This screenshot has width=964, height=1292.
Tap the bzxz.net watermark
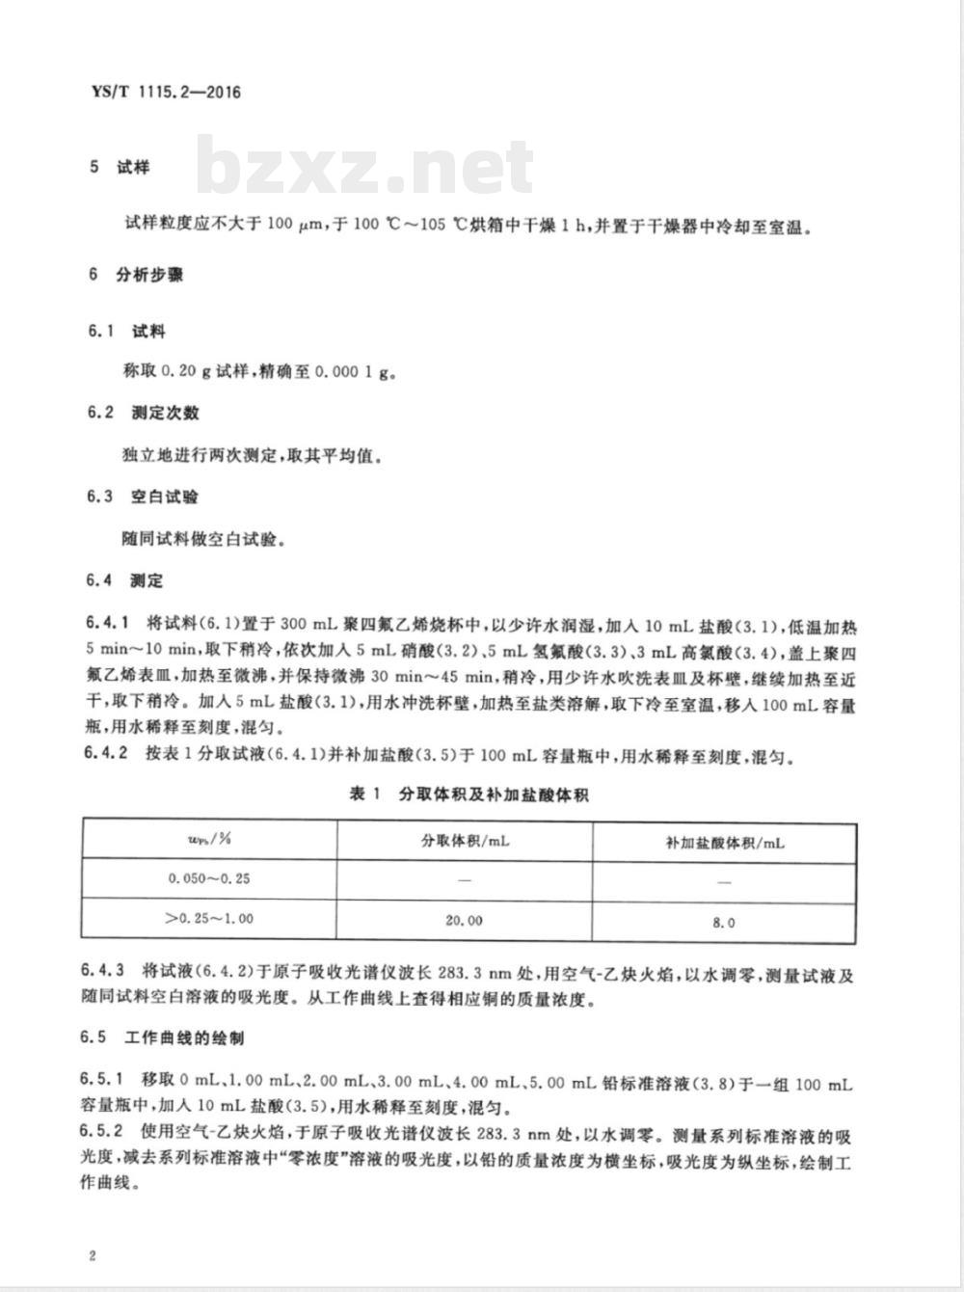point(365,168)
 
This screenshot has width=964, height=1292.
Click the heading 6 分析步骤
point(135,275)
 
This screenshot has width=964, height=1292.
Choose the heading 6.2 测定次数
point(143,413)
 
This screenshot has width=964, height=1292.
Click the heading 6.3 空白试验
point(143,497)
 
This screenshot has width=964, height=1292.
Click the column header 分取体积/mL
point(464,841)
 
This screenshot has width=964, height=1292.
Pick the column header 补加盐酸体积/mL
point(725,842)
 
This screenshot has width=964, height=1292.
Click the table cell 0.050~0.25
point(208,878)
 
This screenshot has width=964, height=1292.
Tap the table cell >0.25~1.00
point(208,919)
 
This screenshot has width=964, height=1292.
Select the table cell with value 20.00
point(464,921)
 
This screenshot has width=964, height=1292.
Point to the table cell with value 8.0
point(724,922)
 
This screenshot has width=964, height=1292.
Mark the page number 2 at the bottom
point(92,1256)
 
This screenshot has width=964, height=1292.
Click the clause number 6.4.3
point(106,976)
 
